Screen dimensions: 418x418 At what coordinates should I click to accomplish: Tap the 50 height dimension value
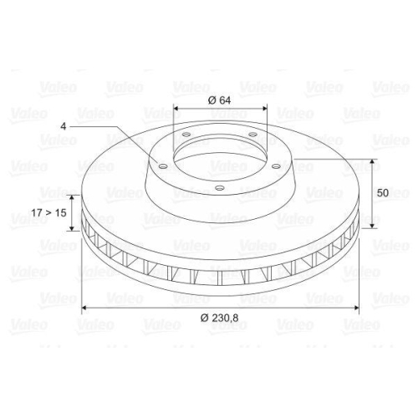tap(383, 192)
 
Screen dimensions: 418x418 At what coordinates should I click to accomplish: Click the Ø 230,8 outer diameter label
tap(220, 318)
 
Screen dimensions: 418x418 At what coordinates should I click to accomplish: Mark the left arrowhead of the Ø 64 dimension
tap(176, 109)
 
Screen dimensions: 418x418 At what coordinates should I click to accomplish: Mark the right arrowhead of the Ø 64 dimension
tap(264, 109)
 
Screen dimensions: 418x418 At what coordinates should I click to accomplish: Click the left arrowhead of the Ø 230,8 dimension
tap(84, 308)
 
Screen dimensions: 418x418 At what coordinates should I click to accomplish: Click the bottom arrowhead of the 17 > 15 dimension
tap(72, 232)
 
